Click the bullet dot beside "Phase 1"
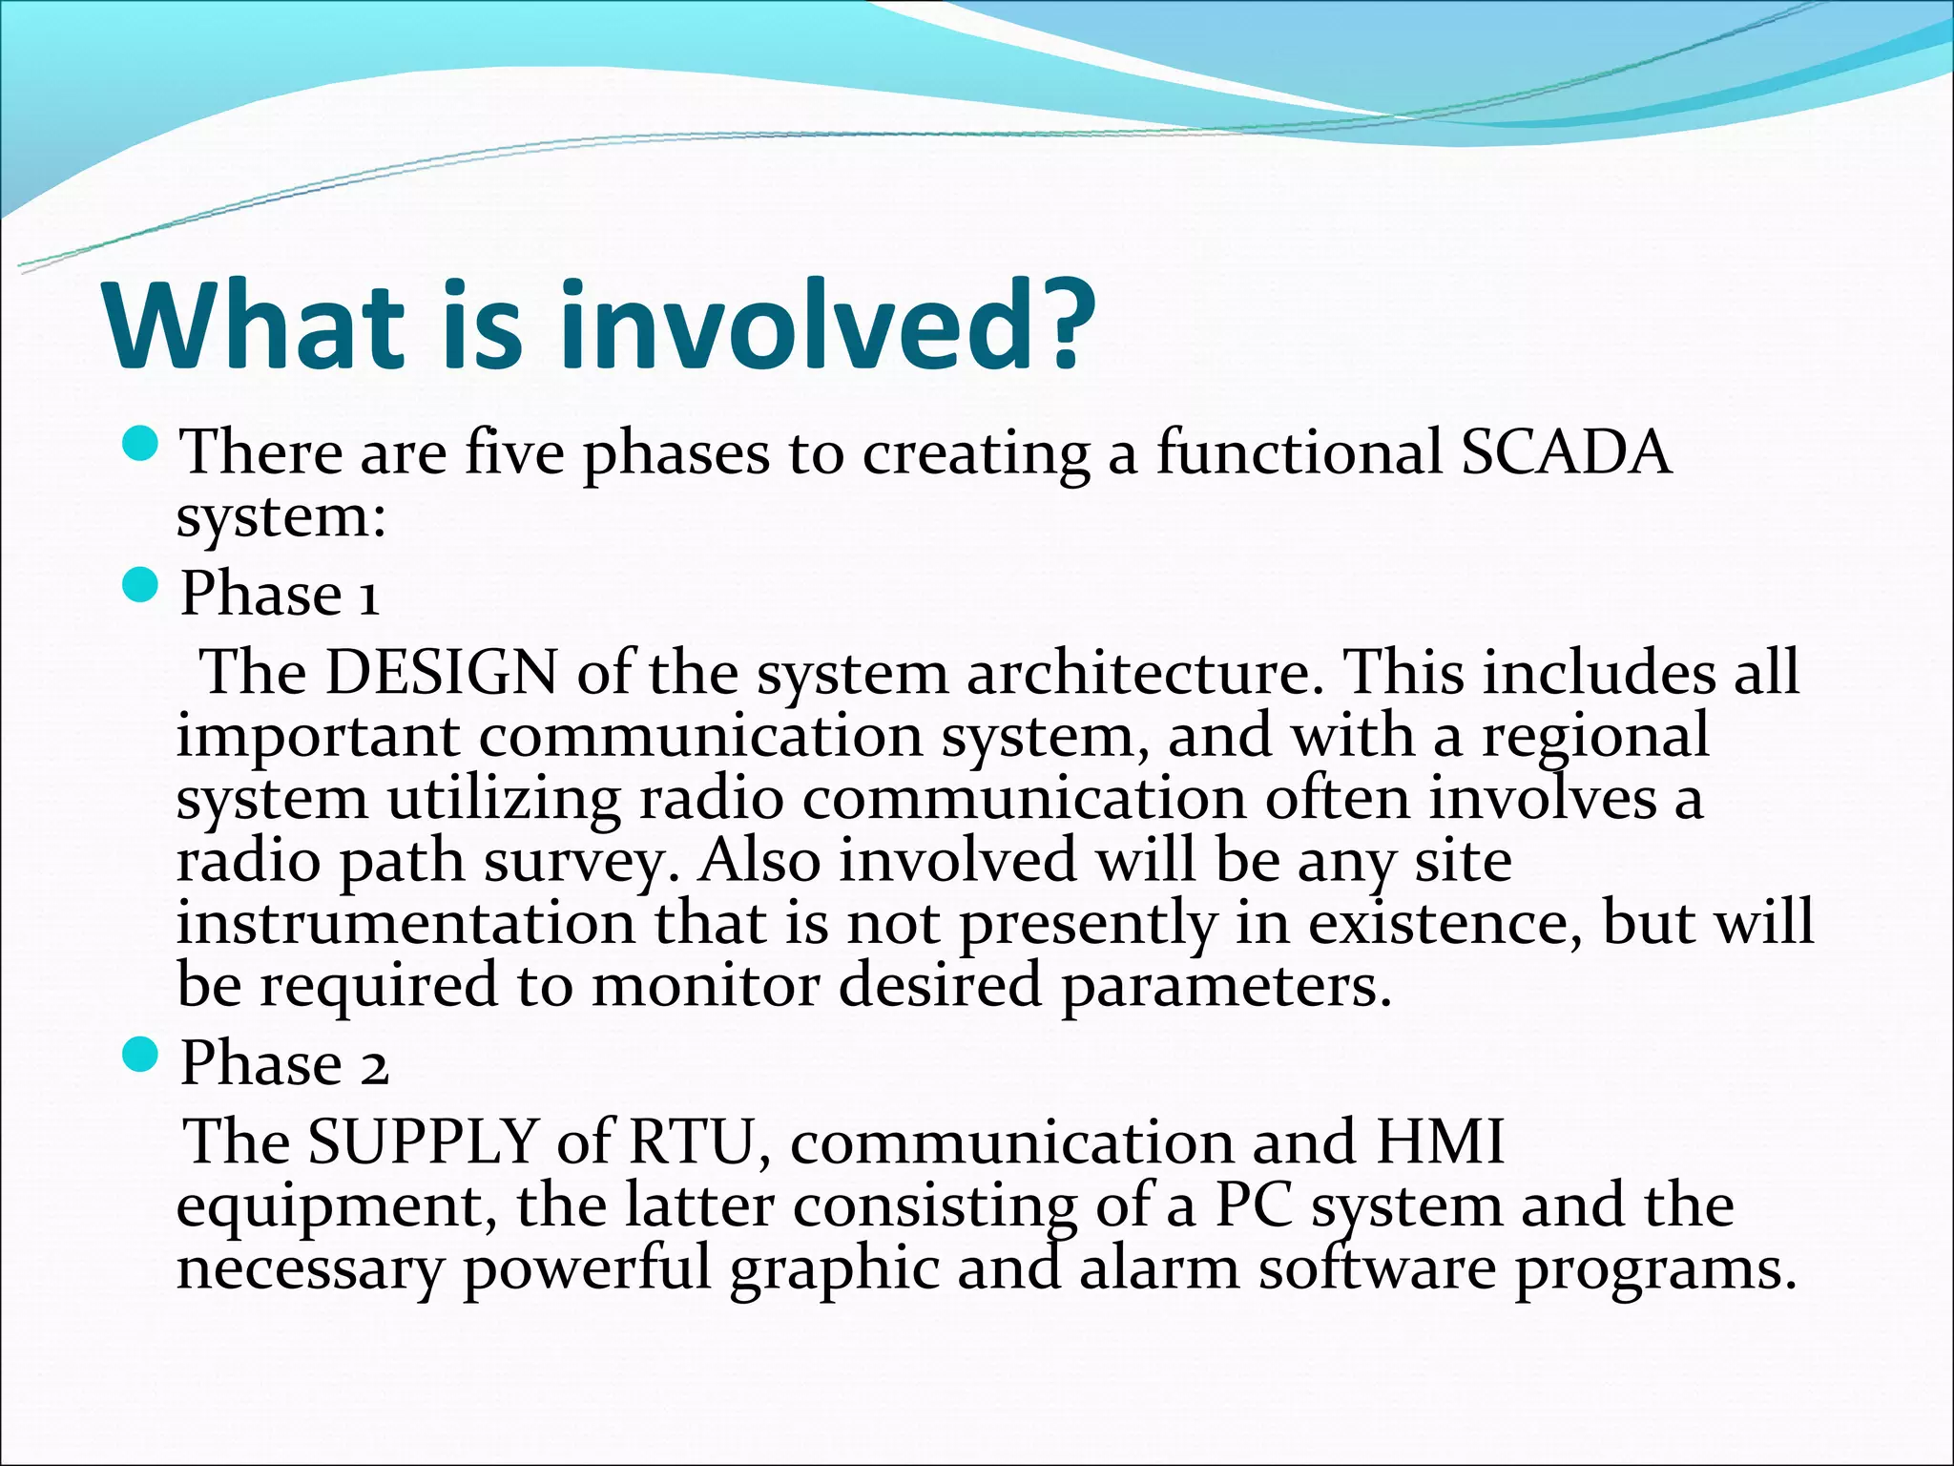140,584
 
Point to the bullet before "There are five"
140,443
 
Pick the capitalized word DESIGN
441,672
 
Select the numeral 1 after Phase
369,596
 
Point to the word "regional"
1594,737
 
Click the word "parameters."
1227,987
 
